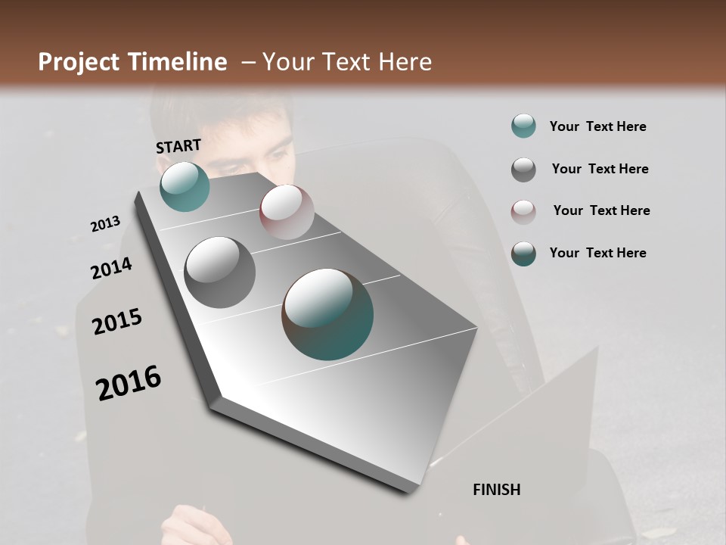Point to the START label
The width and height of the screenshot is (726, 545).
tap(178, 146)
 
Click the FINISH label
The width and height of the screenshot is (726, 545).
tap(497, 490)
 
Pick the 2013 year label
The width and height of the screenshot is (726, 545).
tap(105, 224)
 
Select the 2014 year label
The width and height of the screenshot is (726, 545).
tap(111, 268)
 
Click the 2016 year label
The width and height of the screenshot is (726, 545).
tap(129, 383)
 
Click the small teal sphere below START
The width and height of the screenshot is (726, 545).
tap(185, 186)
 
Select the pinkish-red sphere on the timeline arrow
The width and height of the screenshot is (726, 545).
tap(287, 211)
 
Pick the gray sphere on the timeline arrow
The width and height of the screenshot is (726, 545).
tap(219, 272)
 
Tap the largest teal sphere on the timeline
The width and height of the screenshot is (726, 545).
tap(327, 313)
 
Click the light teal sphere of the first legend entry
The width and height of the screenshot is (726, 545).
tap(523, 126)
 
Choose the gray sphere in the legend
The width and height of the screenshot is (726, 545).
tap(523, 170)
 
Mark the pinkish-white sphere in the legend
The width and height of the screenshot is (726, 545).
tap(523, 211)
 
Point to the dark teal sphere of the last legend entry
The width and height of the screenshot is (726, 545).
tap(523, 254)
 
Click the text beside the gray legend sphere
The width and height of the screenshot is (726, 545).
tap(600, 169)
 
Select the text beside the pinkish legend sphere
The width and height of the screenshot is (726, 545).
tap(601, 210)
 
